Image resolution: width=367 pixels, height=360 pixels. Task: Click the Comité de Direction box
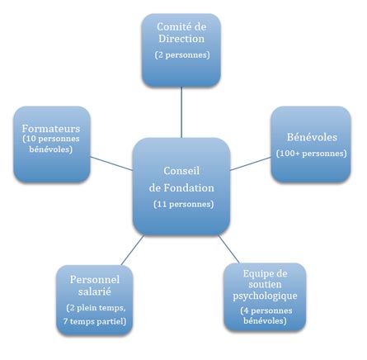pos(181,50)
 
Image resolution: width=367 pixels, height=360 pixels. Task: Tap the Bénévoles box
pos(310,143)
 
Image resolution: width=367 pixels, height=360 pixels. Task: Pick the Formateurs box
pos(51,143)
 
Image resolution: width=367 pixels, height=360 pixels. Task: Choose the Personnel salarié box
pos(96,298)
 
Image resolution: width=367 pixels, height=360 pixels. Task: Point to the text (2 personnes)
pos(182,55)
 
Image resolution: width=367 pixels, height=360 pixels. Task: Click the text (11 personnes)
pos(182,204)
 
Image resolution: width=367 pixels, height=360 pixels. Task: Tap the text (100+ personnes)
pos(311,154)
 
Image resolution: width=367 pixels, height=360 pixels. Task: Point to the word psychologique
pos(264,295)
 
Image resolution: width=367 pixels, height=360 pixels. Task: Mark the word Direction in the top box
pos(182,39)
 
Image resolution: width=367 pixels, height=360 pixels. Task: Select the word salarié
pos(96,291)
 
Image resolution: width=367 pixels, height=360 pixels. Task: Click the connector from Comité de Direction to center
pos(181,111)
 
